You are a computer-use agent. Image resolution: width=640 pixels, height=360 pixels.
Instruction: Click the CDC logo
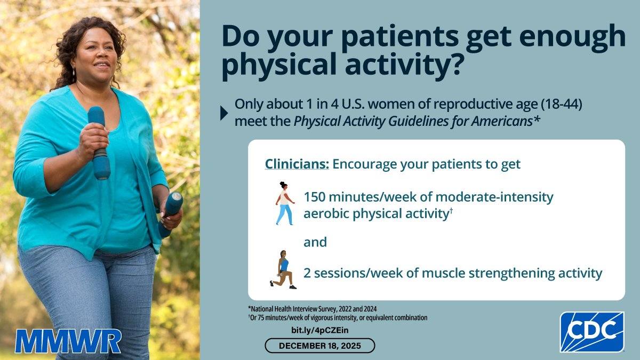591,332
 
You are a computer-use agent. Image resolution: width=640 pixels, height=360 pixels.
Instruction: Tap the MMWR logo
68,341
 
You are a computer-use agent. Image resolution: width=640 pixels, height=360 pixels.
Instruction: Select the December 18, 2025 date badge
319,346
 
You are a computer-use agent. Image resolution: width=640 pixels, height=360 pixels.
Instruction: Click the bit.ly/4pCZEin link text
319,330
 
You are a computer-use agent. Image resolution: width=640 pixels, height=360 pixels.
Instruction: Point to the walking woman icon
285,203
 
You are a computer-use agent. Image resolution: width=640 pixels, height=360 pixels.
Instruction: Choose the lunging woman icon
283,269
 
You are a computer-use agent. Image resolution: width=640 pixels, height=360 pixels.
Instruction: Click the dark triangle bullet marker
224,113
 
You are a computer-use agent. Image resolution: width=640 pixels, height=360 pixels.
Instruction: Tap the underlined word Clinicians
297,164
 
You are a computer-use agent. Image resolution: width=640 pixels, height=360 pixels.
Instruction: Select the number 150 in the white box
314,197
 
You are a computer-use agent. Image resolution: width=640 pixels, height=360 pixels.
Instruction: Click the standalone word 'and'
315,242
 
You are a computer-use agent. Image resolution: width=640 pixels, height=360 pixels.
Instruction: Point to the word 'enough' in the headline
572,37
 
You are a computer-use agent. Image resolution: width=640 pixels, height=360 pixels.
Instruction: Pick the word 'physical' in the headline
279,65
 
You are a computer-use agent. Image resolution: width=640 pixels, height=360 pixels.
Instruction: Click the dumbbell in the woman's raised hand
99,143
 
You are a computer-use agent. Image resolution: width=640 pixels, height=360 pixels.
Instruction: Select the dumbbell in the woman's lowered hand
170,214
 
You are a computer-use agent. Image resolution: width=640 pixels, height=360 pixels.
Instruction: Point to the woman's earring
74,71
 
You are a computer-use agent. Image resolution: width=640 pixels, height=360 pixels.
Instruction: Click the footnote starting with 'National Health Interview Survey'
313,309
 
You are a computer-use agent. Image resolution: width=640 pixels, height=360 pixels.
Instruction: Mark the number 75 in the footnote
260,318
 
